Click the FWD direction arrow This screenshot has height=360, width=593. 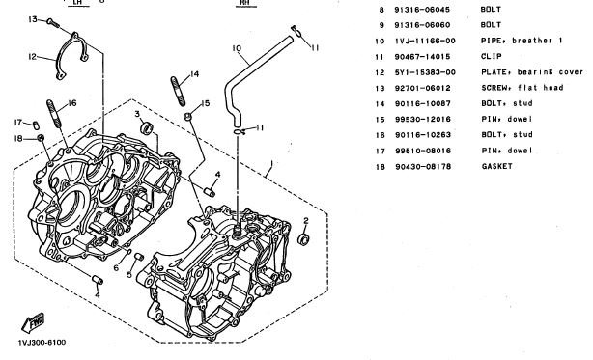[x=33, y=323]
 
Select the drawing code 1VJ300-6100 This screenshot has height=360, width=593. [x=42, y=343]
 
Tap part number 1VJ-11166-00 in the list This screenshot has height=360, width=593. [x=425, y=41]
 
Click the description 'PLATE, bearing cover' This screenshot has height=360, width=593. [x=532, y=71]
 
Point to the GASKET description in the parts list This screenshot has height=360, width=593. [x=497, y=166]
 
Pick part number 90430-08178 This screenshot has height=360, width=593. [x=423, y=166]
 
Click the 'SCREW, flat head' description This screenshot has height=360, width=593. [x=522, y=88]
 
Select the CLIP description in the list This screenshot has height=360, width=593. [x=492, y=56]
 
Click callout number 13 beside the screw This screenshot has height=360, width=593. [x=33, y=19]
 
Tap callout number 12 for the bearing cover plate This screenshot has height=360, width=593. [x=33, y=57]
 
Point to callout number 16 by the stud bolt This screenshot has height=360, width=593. [x=71, y=102]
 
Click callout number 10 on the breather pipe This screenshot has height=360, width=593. [x=237, y=48]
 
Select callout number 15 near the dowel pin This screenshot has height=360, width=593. [x=206, y=103]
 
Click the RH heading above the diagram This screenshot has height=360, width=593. [x=246, y=3]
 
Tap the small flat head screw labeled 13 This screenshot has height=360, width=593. [x=53, y=23]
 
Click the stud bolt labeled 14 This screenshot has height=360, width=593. [x=178, y=91]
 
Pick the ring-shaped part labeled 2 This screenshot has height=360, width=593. [x=303, y=238]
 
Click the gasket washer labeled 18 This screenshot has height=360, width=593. [x=41, y=137]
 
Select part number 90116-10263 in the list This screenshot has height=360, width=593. [x=423, y=135]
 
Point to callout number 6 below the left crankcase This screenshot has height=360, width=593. [x=116, y=267]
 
